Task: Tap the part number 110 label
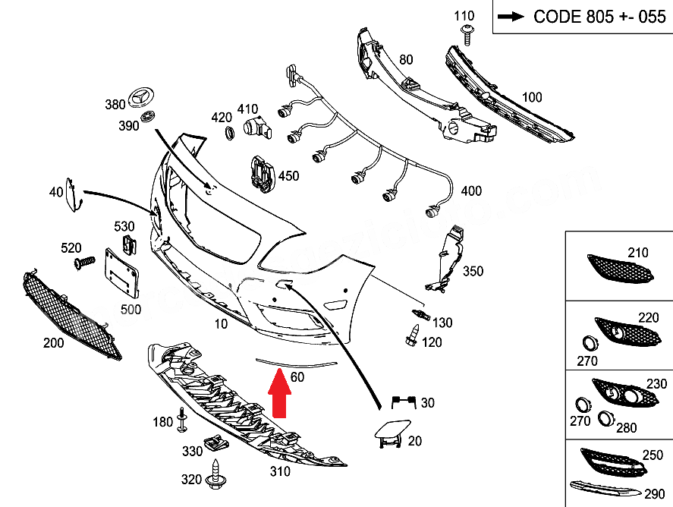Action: tap(464, 15)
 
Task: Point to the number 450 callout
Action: tap(288, 176)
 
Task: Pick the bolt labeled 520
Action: tap(82, 262)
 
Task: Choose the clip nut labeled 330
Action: tap(215, 445)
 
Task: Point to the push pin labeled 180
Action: tap(182, 420)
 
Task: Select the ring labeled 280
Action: tap(606, 417)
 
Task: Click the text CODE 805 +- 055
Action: tap(599, 17)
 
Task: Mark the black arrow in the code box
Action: tap(513, 17)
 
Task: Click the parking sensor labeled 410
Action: tap(253, 130)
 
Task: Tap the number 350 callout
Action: tap(473, 271)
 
